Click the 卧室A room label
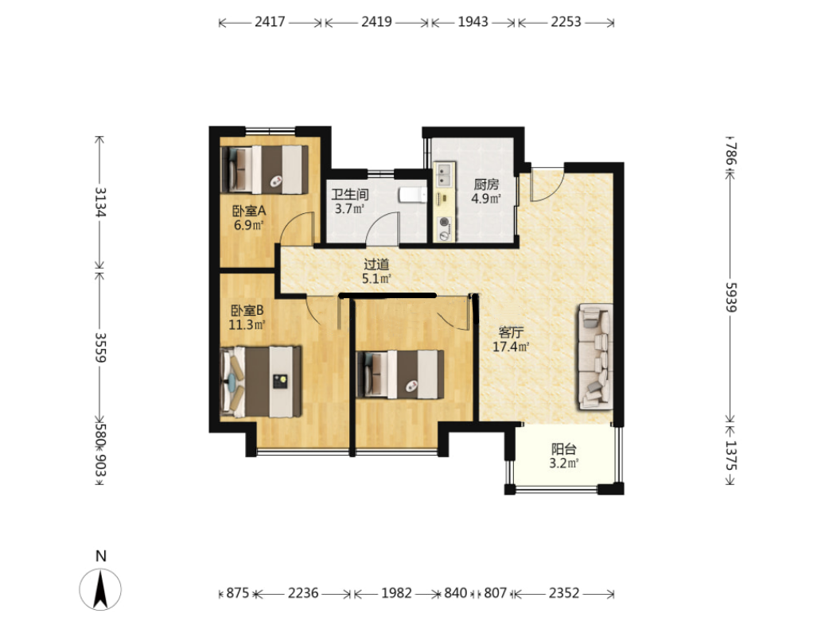click(x=248, y=211)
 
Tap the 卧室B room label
click(x=247, y=310)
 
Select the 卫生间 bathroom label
click(x=349, y=194)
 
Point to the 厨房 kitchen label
click(x=486, y=184)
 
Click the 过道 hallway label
click(x=376, y=264)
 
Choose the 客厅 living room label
click(x=511, y=333)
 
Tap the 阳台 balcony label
click(x=563, y=449)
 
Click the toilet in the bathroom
click(x=413, y=194)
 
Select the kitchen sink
click(x=444, y=175)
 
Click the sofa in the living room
click(x=596, y=356)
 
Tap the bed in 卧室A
click(x=264, y=169)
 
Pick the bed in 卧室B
click(x=261, y=382)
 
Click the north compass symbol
click(x=100, y=588)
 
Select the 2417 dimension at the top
click(x=270, y=21)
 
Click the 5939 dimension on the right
click(x=731, y=297)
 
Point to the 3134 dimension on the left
click(x=100, y=202)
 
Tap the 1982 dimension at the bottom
click(x=396, y=593)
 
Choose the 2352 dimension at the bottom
click(x=564, y=593)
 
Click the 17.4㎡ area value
click(x=511, y=347)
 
